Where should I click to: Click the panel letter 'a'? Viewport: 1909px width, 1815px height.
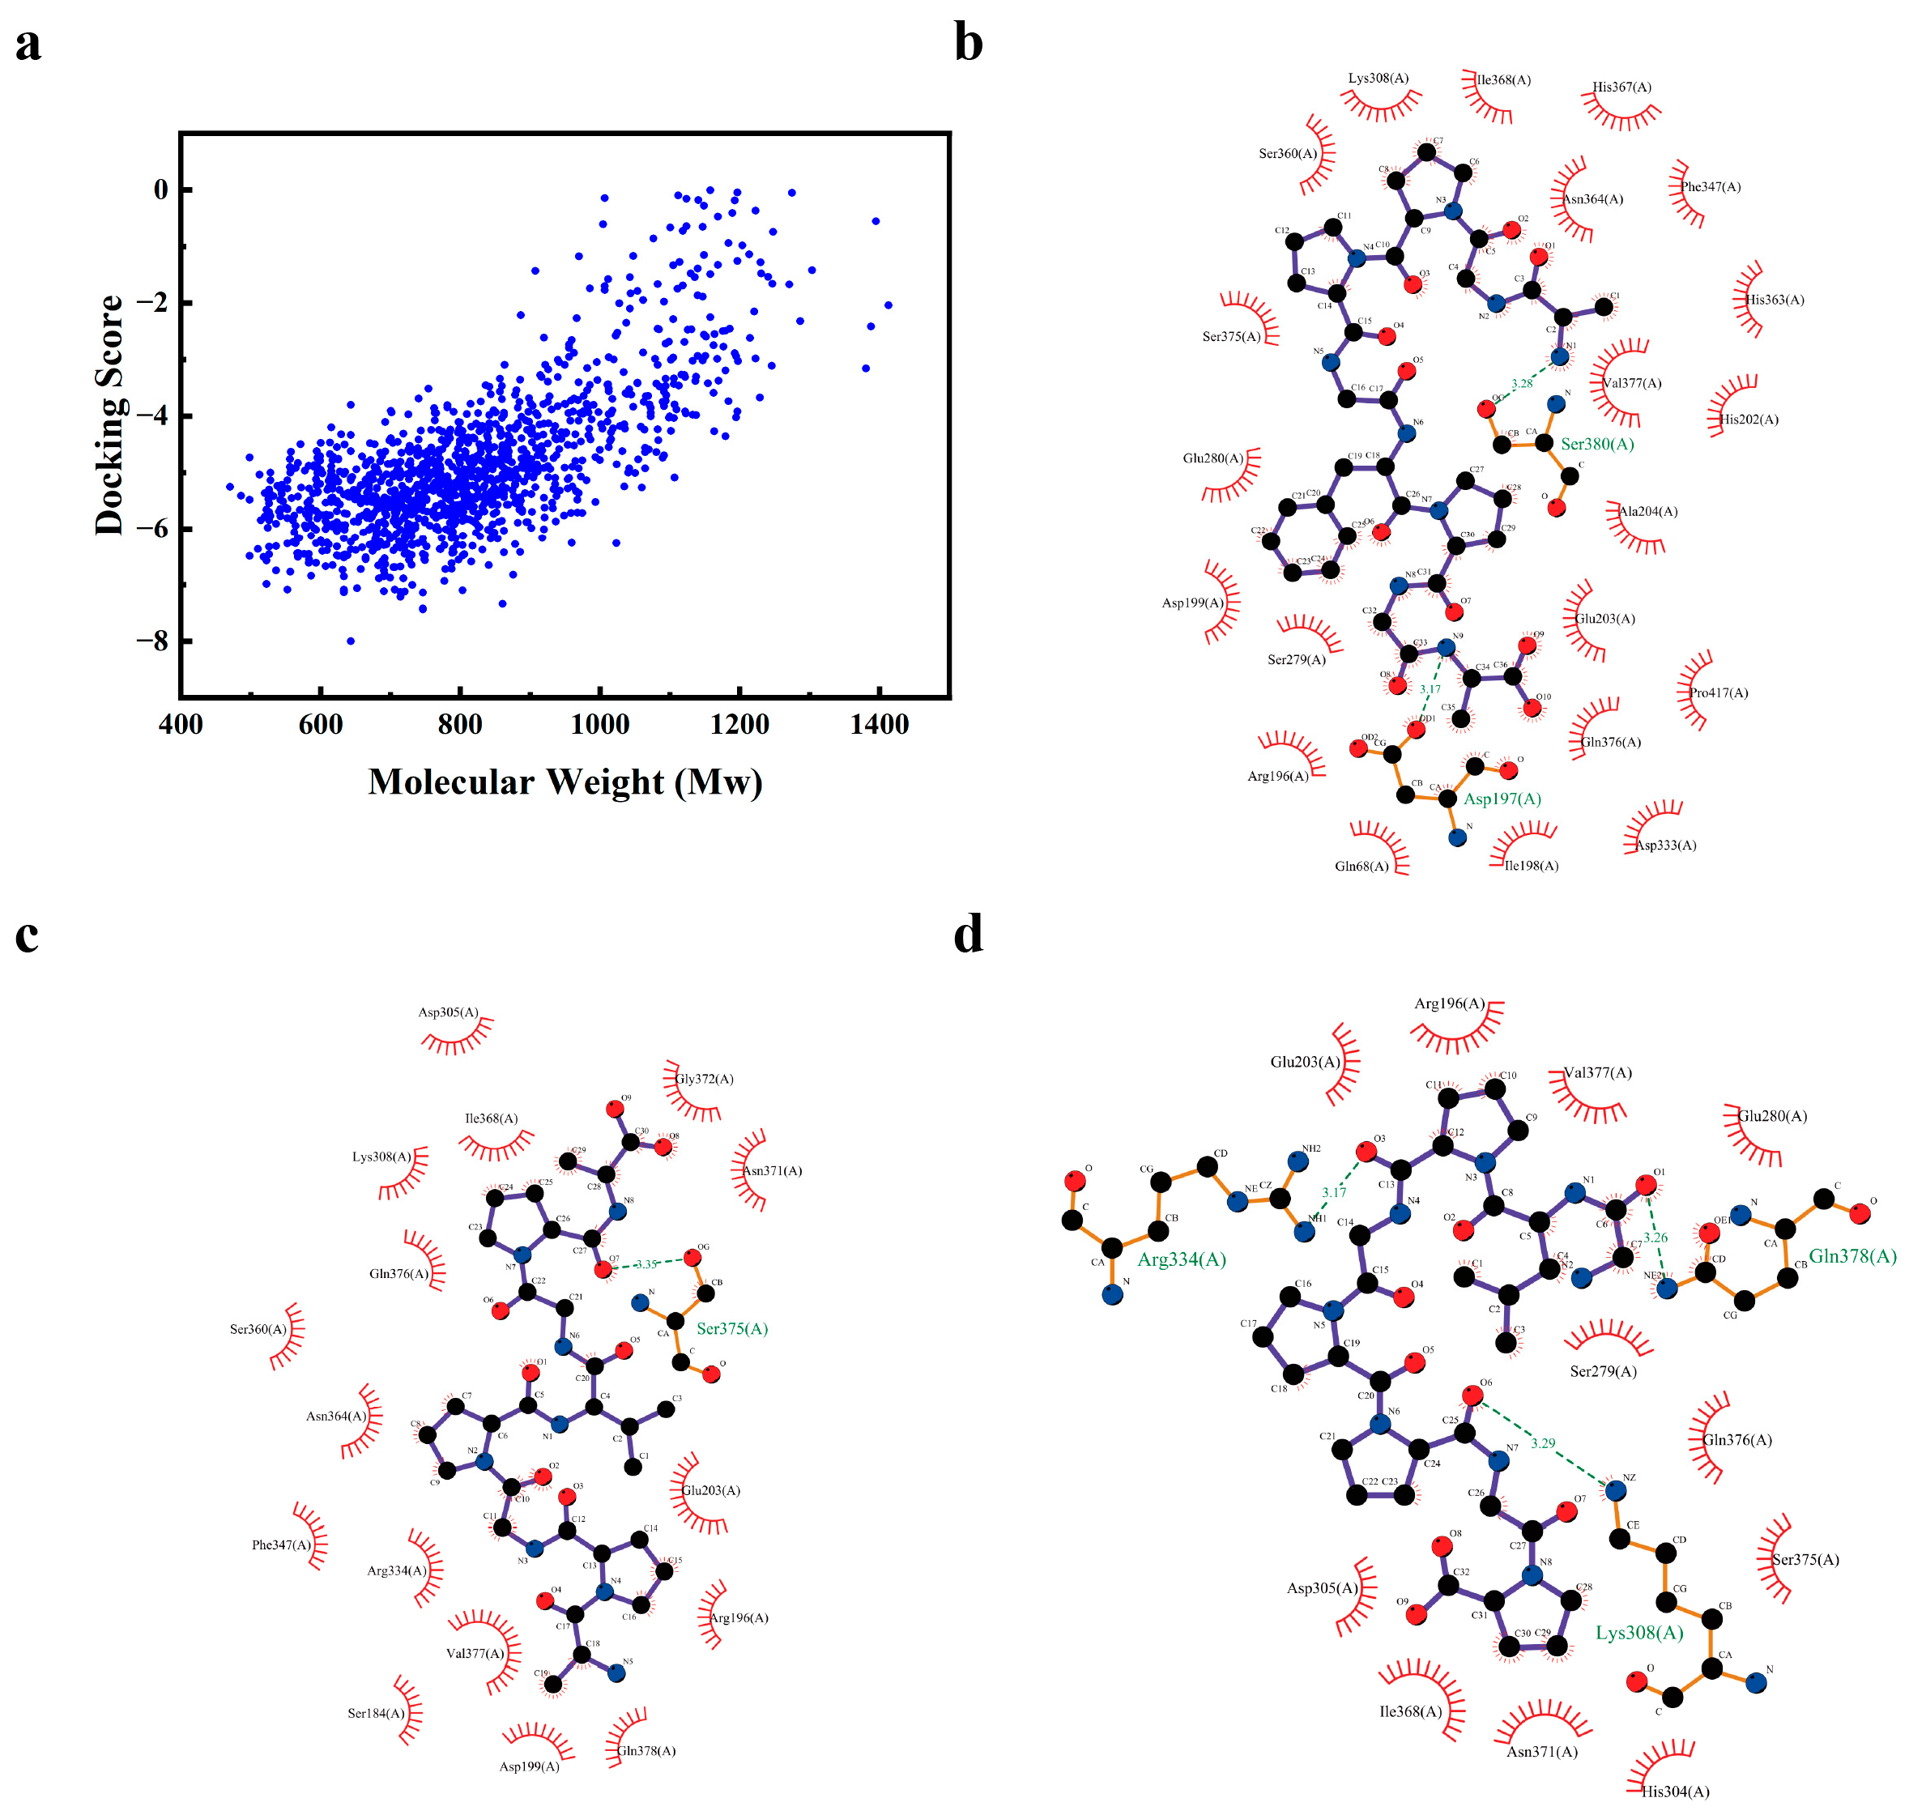(28, 45)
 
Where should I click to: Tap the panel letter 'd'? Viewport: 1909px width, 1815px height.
(968, 935)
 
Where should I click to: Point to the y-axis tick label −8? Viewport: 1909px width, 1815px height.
(152, 641)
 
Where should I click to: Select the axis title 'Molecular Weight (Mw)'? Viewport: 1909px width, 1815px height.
(565, 782)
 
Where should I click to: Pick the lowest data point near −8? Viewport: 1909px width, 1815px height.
(350, 641)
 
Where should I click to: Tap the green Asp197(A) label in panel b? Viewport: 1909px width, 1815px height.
(1502, 799)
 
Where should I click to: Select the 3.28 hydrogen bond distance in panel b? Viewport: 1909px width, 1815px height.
(1522, 383)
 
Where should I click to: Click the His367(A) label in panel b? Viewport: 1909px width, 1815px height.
(1621, 87)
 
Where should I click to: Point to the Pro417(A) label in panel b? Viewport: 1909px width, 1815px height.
(1719, 692)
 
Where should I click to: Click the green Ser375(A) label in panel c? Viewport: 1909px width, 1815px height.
(731, 1328)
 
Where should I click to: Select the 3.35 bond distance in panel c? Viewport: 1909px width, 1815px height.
(646, 1263)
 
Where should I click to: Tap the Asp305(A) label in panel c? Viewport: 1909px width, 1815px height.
(448, 1012)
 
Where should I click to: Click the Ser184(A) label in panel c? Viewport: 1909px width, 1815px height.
(377, 1714)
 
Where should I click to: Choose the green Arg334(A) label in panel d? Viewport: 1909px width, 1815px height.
(1182, 1259)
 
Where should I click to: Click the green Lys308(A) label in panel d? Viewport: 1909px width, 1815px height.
(1639, 1633)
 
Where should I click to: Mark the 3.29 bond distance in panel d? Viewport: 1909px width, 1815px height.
(1543, 1442)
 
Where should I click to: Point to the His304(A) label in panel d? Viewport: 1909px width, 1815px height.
(1675, 1792)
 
